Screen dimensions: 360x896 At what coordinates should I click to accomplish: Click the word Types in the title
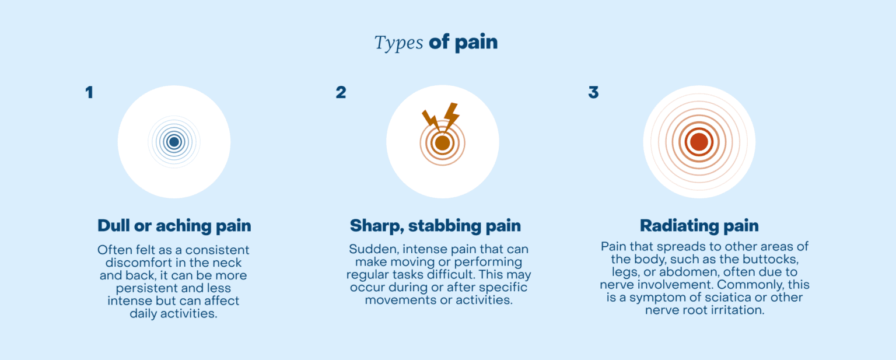[398, 43]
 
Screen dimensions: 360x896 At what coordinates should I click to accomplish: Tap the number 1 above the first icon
[89, 93]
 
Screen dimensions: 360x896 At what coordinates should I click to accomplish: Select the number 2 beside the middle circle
[341, 93]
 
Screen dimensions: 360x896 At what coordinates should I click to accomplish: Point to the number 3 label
[593, 93]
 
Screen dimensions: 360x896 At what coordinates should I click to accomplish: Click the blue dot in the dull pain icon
[174, 142]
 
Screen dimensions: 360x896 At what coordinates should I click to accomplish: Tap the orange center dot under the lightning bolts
[442, 143]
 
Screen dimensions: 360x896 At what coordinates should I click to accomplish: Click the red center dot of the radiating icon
[699, 142]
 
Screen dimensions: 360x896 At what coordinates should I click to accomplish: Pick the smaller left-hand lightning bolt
[431, 119]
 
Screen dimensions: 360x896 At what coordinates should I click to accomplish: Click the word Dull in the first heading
[114, 226]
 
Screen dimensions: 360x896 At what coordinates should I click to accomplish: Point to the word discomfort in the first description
[136, 263]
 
